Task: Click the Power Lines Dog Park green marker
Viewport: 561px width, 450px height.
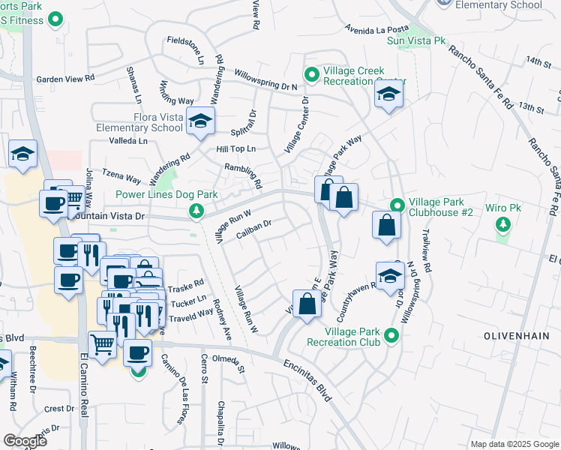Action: click(x=196, y=211)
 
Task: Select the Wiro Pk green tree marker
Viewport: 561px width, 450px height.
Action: click(x=503, y=223)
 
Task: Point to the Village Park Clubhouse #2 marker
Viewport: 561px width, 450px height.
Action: click(x=397, y=205)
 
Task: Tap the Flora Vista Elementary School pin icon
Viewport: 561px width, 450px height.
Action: click(x=200, y=122)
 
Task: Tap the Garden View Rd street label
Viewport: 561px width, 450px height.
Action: click(x=65, y=78)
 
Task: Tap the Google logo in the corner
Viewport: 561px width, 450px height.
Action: click(x=25, y=440)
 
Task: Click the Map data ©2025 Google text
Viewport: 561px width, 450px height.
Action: click(x=514, y=444)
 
